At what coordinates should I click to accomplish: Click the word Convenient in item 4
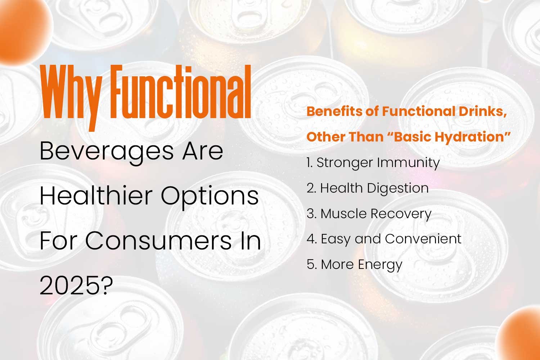coord(423,239)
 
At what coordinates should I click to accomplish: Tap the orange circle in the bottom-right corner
coord(519,334)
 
